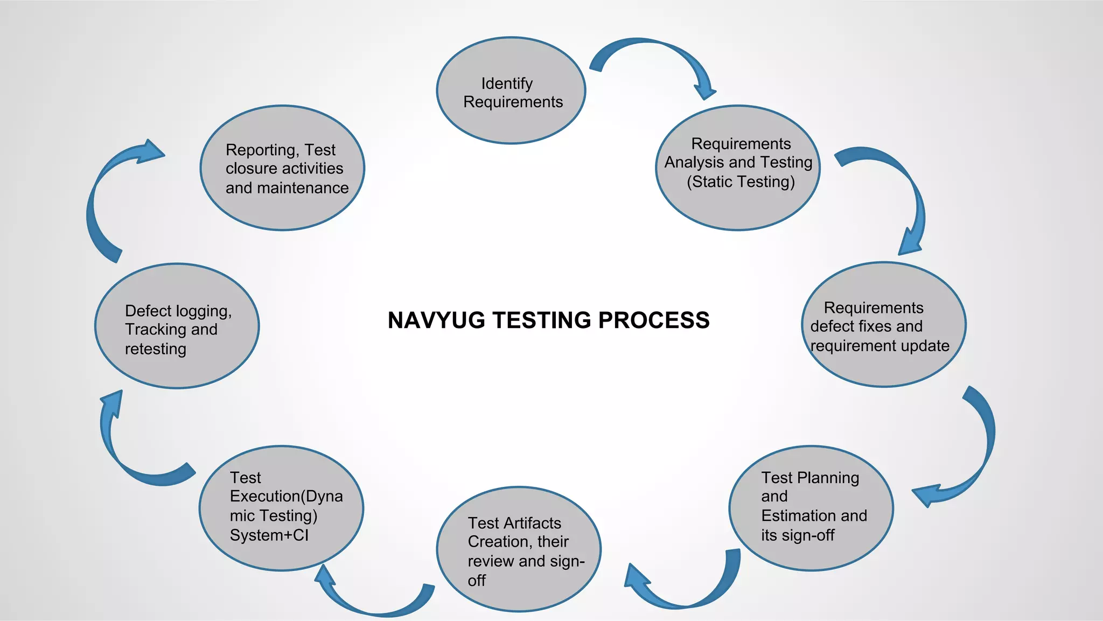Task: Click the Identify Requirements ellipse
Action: pos(511,90)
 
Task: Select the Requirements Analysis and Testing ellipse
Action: pos(737,168)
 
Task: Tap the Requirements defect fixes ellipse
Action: pos(883,325)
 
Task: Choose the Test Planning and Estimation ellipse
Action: pos(811,508)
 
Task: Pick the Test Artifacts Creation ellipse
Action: pos(518,549)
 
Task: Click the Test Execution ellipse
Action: pos(281,508)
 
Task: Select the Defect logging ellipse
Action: pos(177,326)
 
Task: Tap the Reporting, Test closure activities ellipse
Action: pos(282,168)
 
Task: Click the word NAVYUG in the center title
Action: pos(436,320)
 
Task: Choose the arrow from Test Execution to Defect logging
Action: pos(129,458)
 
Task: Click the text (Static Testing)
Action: pos(741,182)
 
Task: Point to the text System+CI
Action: pos(269,535)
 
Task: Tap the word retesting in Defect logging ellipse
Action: pos(156,349)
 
